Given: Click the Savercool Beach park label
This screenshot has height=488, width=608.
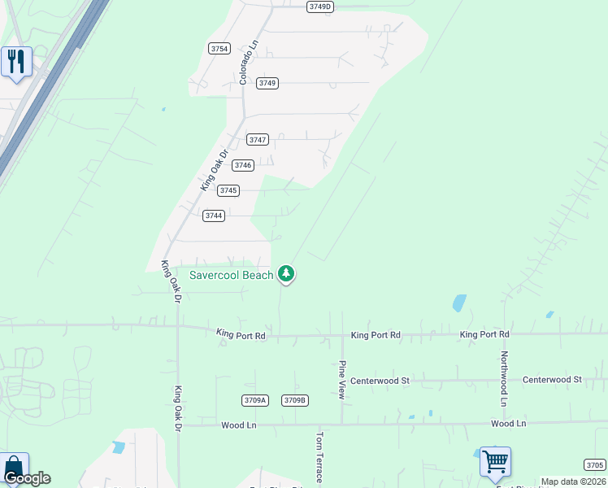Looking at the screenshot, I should (232, 275).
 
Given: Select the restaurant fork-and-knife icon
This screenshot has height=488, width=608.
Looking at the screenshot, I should (15, 62).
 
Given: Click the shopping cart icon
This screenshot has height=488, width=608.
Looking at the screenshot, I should (495, 462).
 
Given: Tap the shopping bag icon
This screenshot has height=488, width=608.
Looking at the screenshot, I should (14, 467).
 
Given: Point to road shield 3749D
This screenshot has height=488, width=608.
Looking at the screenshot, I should (320, 7).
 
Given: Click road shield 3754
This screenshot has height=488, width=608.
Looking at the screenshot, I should (219, 48).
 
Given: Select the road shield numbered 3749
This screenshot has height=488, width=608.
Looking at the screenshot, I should (267, 83).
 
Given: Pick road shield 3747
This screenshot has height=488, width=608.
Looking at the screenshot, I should (258, 139).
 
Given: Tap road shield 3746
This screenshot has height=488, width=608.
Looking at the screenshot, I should (243, 165).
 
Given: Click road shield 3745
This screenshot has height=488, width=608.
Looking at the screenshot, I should (228, 190).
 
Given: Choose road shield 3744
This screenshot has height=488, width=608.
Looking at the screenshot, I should (214, 216).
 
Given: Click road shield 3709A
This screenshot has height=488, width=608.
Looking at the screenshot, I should (254, 400).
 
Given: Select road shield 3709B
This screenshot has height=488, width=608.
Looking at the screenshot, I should (294, 400).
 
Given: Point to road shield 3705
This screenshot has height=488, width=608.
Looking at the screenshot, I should (594, 464).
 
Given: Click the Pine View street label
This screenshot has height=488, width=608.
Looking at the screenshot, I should (342, 380).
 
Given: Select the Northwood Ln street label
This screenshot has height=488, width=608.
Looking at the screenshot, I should (504, 379).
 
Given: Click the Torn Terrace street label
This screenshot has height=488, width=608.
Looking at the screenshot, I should (319, 457).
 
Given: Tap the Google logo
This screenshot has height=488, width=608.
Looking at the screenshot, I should (27, 479).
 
